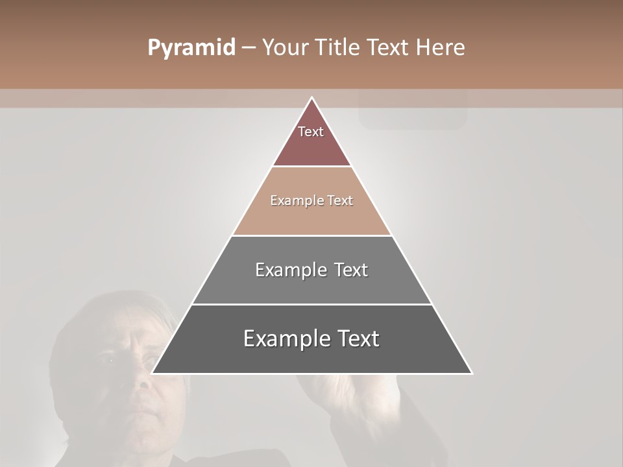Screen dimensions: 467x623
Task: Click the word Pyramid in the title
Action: (191, 48)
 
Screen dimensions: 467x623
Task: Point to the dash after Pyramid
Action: (249, 48)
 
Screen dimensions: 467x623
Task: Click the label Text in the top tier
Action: (311, 132)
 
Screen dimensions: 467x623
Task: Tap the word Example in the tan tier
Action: (295, 200)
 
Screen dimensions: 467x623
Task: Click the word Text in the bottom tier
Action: (354, 339)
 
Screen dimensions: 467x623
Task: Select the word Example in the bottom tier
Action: (286, 339)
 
